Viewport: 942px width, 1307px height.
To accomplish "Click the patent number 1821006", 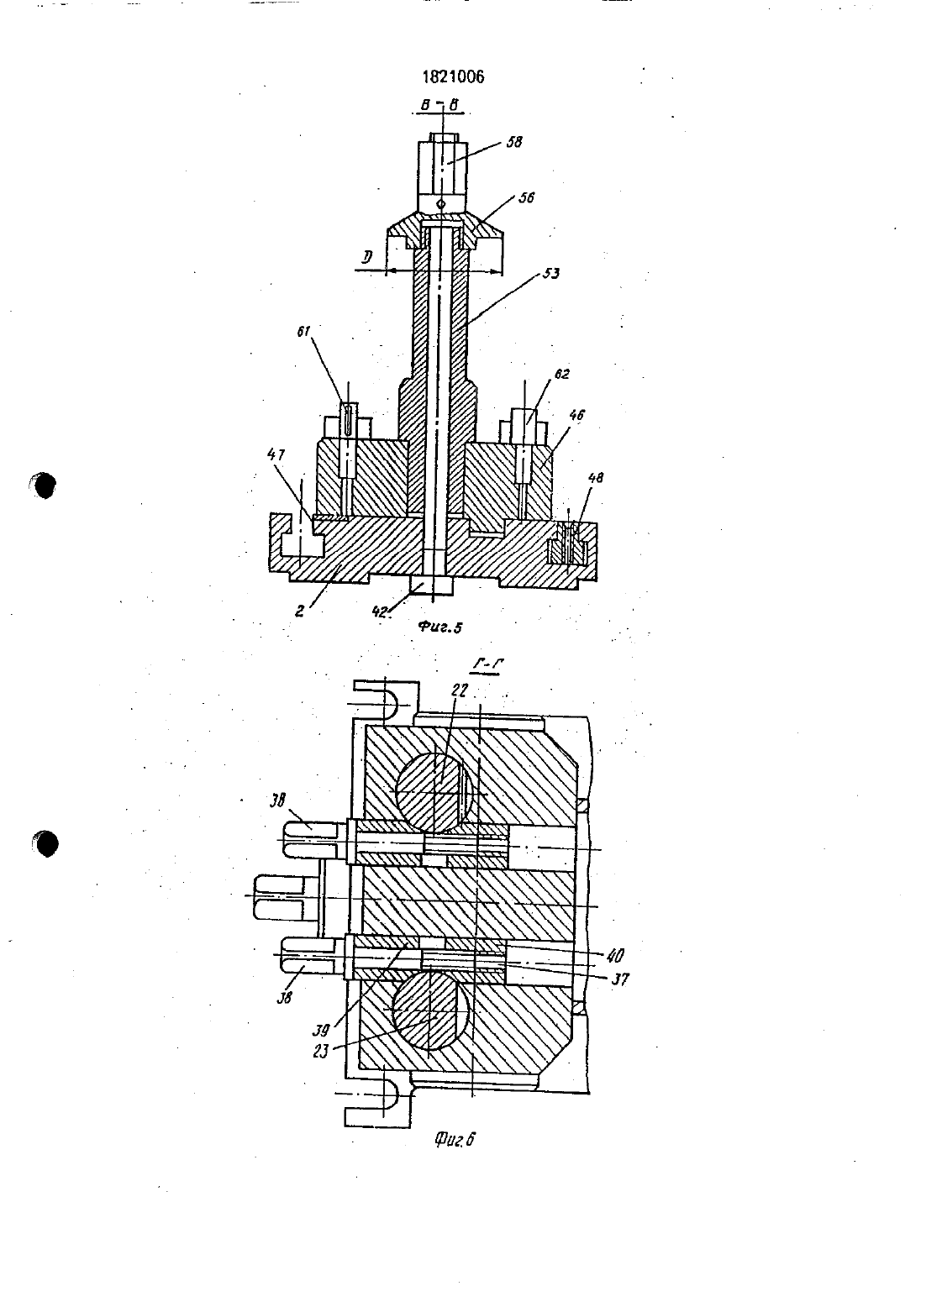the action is click(x=453, y=77).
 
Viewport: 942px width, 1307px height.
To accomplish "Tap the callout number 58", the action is click(x=514, y=142).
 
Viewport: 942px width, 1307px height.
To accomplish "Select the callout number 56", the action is click(x=526, y=197).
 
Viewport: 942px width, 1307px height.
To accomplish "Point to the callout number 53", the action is click(x=551, y=274).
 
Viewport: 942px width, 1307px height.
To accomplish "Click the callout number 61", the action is click(x=303, y=332).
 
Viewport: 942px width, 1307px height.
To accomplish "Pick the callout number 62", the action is click(x=561, y=374).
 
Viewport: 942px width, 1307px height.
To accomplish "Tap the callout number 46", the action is click(x=576, y=416).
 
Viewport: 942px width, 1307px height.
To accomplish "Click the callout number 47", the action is click(x=276, y=454).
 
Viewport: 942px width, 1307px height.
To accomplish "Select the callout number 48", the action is click(x=595, y=478).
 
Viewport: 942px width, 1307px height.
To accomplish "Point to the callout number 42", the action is click(x=381, y=611).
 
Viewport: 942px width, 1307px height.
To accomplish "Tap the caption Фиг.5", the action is click(x=440, y=627).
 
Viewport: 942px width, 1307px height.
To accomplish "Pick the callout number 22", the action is click(x=460, y=690).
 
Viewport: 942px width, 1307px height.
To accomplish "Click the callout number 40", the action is click(x=615, y=955).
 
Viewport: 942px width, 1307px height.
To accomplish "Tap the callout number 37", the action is click(x=620, y=979).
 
